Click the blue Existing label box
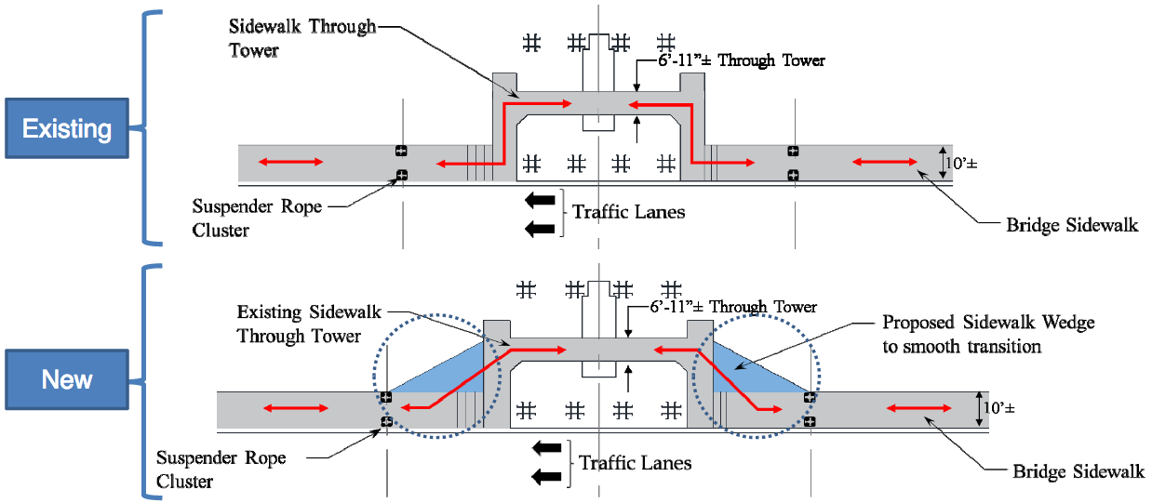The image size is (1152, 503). coord(67,128)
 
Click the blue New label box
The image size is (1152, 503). coord(67,379)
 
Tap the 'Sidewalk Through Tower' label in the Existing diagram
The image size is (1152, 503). coord(301,38)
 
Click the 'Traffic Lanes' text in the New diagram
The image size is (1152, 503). coord(635,462)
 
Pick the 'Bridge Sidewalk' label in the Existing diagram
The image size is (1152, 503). coord(1072,224)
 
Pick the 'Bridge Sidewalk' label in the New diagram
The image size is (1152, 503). coord(1078,472)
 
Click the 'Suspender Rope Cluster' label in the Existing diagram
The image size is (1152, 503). coord(257,218)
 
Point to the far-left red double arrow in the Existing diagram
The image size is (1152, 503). coord(291,163)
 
